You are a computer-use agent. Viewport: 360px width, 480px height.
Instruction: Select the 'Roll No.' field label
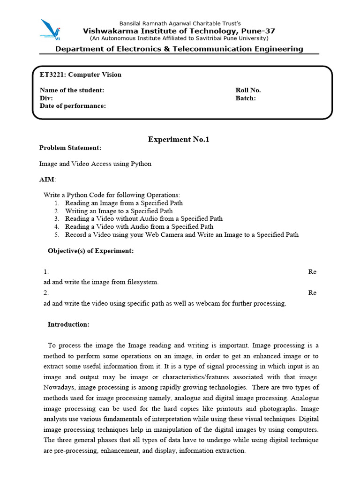248,90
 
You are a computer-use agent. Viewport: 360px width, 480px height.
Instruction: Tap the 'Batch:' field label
245,98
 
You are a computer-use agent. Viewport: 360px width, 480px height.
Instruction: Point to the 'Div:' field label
46,98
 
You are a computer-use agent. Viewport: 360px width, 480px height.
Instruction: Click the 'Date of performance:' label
73,106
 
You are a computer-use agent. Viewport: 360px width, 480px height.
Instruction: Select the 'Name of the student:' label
72,90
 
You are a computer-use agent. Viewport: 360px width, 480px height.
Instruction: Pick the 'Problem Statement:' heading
70,148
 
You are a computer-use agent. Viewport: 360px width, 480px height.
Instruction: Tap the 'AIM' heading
47,180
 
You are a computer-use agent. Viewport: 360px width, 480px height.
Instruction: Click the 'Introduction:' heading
68,324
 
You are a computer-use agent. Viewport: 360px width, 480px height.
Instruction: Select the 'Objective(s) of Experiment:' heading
90,251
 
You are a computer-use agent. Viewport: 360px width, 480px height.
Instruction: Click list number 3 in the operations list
56,219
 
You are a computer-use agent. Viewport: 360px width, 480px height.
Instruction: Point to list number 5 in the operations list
56,235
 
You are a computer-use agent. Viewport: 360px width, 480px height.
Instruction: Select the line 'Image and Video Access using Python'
95,164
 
